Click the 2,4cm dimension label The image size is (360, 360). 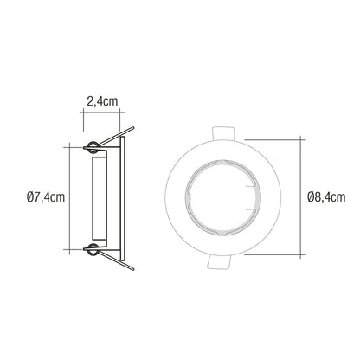click(x=102, y=101)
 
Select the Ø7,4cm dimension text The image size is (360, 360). click(x=46, y=197)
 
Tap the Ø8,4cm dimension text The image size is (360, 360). click(x=326, y=197)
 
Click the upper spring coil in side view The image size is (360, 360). click(x=93, y=147)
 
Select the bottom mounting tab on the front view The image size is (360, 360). click(x=220, y=262)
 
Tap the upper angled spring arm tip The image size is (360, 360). click(x=133, y=127)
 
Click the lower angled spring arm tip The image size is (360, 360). click(x=133, y=269)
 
